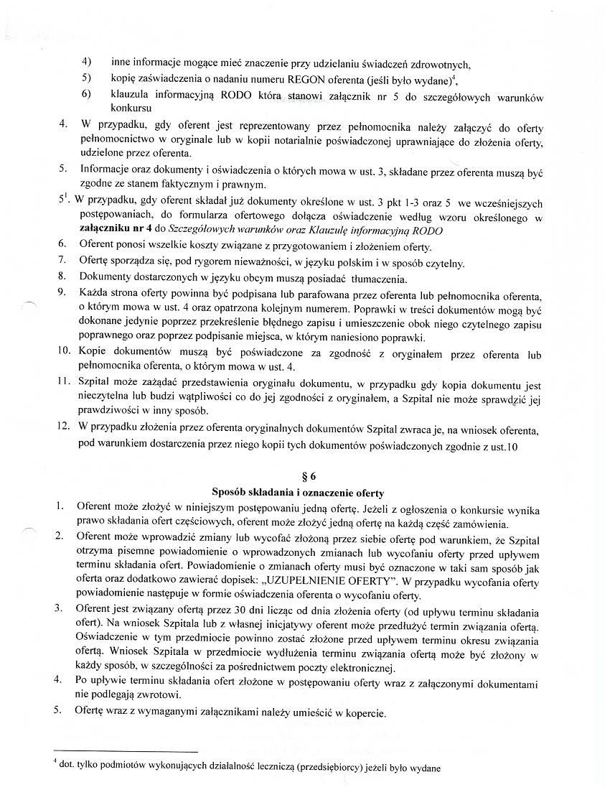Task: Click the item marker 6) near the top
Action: click(86, 94)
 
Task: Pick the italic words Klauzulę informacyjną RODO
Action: click(381, 231)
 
